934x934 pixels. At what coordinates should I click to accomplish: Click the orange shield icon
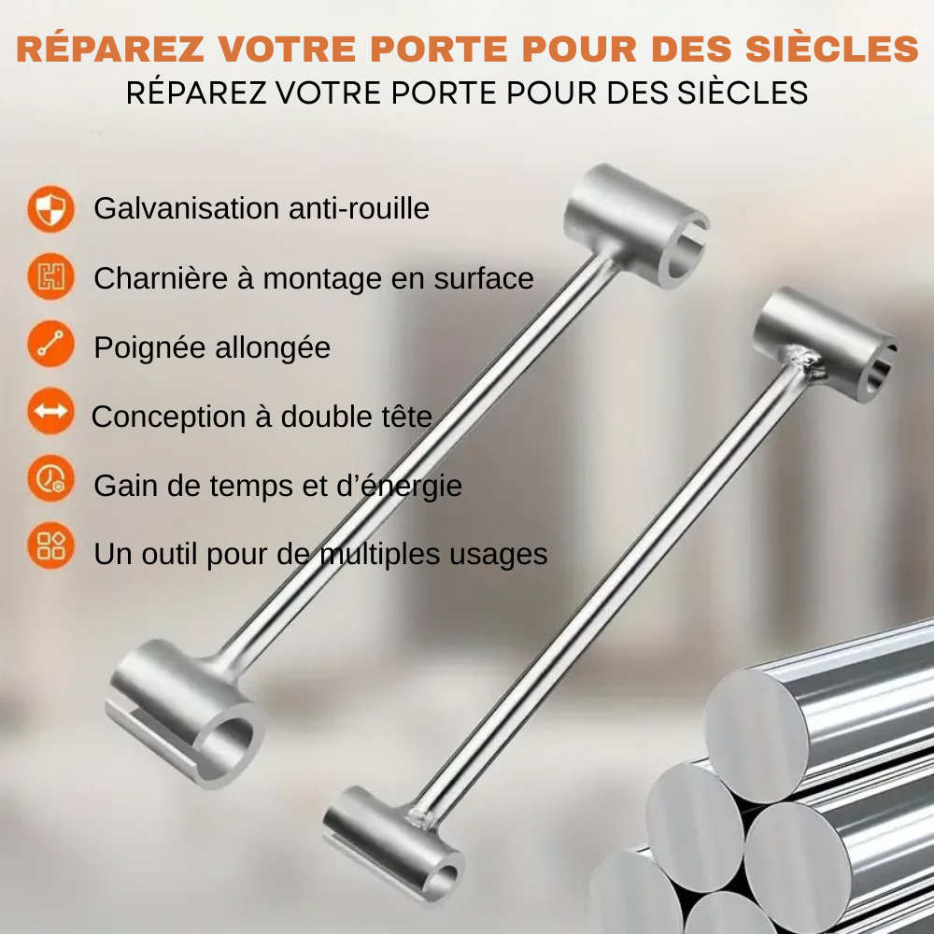(x=50, y=208)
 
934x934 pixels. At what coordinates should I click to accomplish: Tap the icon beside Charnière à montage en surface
(x=50, y=276)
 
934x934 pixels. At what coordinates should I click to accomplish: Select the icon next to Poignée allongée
(x=50, y=345)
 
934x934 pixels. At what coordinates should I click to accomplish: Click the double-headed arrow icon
(x=50, y=412)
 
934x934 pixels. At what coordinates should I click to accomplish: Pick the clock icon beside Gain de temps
(x=50, y=479)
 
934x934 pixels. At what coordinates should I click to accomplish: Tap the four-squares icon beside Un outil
(x=50, y=545)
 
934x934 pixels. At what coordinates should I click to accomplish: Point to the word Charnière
(x=161, y=278)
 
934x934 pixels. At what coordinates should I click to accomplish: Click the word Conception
(x=168, y=417)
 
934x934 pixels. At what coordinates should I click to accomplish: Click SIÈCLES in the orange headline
(x=832, y=48)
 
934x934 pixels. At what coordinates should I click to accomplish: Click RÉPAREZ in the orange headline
(x=110, y=48)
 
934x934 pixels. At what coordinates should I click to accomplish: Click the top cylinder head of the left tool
(x=637, y=226)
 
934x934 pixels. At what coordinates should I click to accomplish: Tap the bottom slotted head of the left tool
(x=185, y=714)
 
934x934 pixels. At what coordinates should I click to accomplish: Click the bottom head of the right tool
(x=393, y=844)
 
